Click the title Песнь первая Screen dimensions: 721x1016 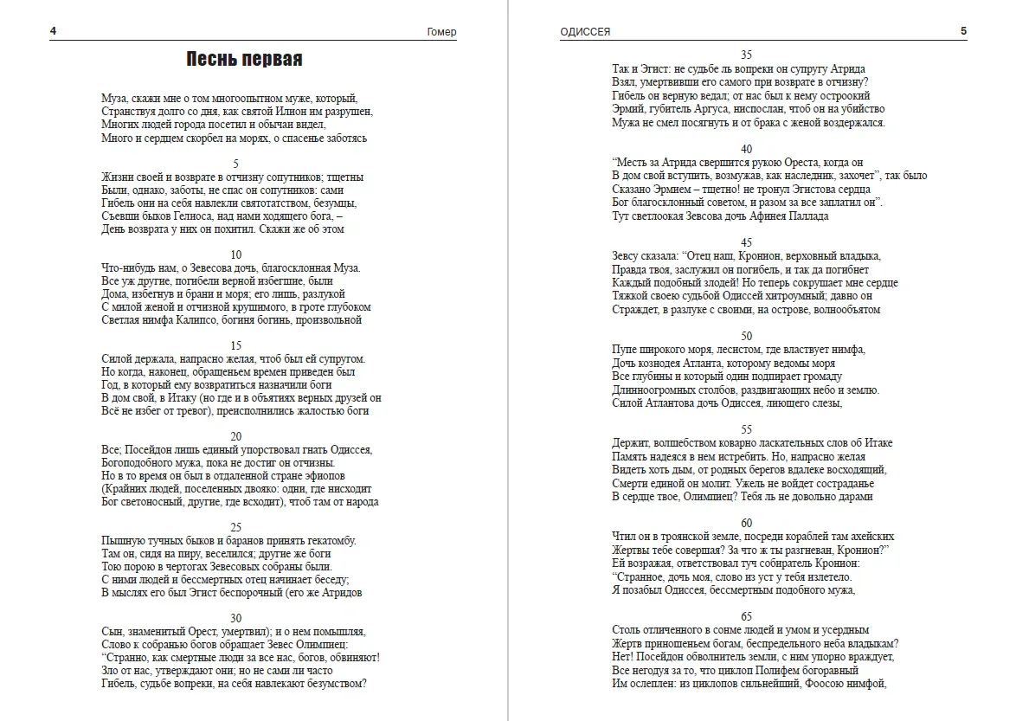(244, 60)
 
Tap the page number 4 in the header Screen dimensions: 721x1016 (54, 32)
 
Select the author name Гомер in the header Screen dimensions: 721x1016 (441, 32)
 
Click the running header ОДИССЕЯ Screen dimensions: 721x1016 (586, 32)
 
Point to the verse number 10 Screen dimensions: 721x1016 (235, 254)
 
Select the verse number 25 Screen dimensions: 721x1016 (235, 527)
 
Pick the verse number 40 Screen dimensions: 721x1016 (746, 149)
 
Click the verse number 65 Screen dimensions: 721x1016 (746, 616)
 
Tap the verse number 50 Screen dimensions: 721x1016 (746, 336)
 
